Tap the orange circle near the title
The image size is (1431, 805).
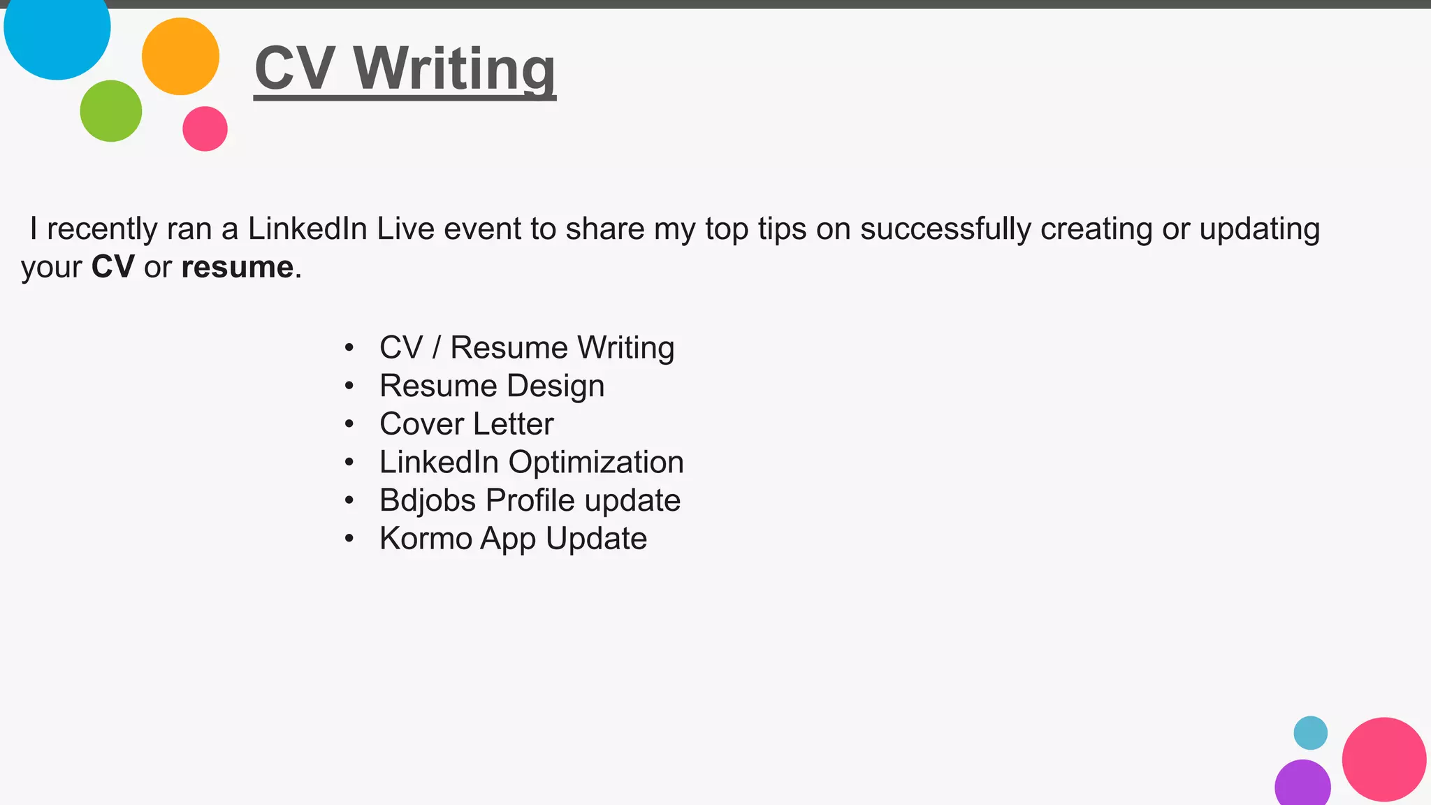[x=180, y=57]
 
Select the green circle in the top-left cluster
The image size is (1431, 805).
[x=111, y=111]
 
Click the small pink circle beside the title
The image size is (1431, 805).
[x=205, y=129]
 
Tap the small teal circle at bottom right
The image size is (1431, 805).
[x=1310, y=733]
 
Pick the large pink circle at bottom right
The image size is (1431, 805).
[x=1383, y=760]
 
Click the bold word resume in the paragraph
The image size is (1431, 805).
[x=237, y=268]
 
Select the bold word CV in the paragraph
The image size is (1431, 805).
[x=112, y=268]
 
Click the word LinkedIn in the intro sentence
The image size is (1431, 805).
[x=307, y=229]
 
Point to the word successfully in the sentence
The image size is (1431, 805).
[x=945, y=229]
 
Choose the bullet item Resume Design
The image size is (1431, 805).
[x=492, y=386]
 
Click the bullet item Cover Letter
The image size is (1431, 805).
[x=466, y=424]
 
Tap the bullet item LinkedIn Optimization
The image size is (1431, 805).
[x=531, y=462]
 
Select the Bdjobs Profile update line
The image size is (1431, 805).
[x=530, y=500]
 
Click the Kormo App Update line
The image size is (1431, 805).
[x=513, y=539]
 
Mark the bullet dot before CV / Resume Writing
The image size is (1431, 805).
[x=349, y=348]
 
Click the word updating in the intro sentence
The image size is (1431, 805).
[x=1259, y=229]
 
